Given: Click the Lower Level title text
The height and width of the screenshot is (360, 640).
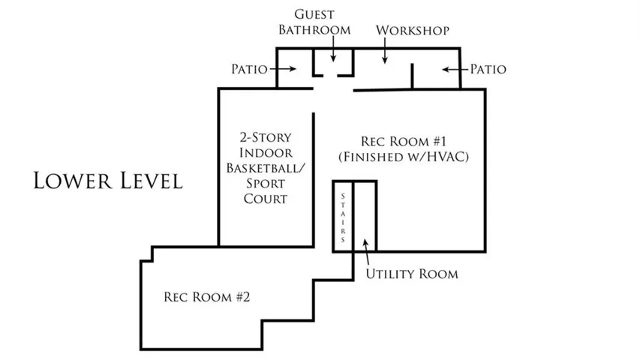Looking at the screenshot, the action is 108,181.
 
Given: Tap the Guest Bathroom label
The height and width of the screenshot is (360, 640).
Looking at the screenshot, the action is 314,22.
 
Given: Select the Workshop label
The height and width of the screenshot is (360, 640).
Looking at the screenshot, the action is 413,30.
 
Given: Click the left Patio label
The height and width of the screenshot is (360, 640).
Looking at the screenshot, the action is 249,69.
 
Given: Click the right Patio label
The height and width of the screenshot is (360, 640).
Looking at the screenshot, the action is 488,69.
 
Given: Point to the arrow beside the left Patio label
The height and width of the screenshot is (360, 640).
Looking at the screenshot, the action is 283,69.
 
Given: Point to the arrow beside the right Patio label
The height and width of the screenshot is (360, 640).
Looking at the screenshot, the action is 455,70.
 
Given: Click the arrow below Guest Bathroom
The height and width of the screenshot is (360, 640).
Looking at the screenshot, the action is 333,49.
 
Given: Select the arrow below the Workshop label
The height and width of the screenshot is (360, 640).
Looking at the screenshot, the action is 384,50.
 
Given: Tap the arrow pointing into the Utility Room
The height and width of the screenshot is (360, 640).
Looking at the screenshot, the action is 367,252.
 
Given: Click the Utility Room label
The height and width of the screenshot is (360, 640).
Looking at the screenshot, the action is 412,274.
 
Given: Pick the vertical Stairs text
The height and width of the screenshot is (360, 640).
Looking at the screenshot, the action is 343,218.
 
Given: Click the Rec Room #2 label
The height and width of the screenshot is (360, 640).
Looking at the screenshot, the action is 206,297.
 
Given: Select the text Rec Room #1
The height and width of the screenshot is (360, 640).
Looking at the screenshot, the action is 404,141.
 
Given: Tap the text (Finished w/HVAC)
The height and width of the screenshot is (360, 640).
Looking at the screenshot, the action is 404,157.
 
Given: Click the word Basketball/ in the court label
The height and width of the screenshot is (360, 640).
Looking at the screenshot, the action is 266,168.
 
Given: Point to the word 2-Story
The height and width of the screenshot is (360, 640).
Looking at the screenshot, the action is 266,137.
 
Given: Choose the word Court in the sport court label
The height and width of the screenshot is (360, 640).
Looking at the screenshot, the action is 266,199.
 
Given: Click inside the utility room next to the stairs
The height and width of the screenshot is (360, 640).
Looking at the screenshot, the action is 364,216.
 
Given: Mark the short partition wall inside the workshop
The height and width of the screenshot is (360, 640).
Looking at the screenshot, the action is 412,76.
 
